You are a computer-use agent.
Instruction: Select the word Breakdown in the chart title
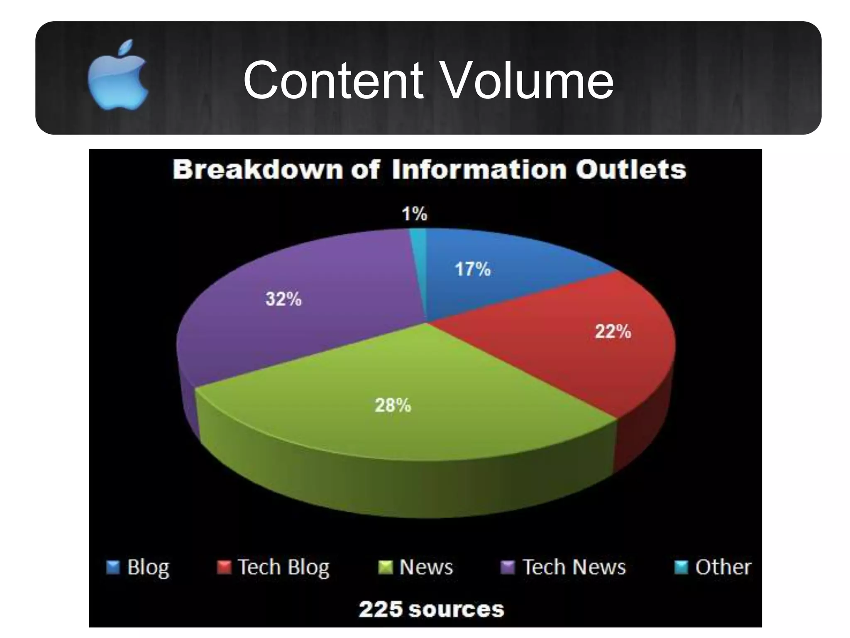(258, 170)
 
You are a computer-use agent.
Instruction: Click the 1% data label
(414, 214)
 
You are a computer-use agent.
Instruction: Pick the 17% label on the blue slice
(473, 269)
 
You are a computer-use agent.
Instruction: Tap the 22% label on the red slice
(613, 331)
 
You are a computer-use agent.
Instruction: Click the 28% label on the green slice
(393, 405)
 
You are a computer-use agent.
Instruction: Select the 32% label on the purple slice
(283, 299)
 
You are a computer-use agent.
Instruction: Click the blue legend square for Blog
(113, 567)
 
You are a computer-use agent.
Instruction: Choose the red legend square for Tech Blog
(224, 567)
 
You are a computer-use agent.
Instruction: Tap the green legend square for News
(385, 567)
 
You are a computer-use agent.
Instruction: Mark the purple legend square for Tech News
(508, 567)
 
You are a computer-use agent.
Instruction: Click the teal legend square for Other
(681, 567)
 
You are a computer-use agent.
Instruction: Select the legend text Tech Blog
(283, 567)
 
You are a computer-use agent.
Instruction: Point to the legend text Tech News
(574, 567)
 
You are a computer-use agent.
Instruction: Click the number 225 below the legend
(381, 609)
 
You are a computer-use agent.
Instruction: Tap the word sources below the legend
(456, 610)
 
